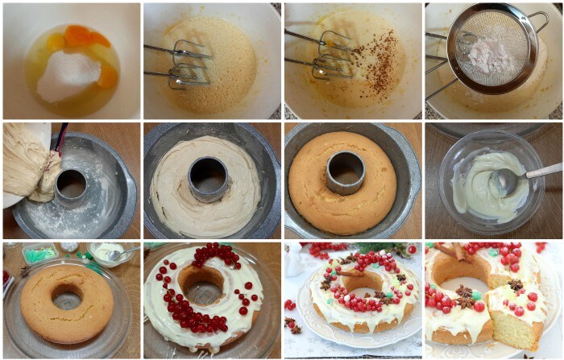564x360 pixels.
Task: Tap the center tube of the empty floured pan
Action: coord(71,187)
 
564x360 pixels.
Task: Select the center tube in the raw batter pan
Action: coord(208,178)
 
